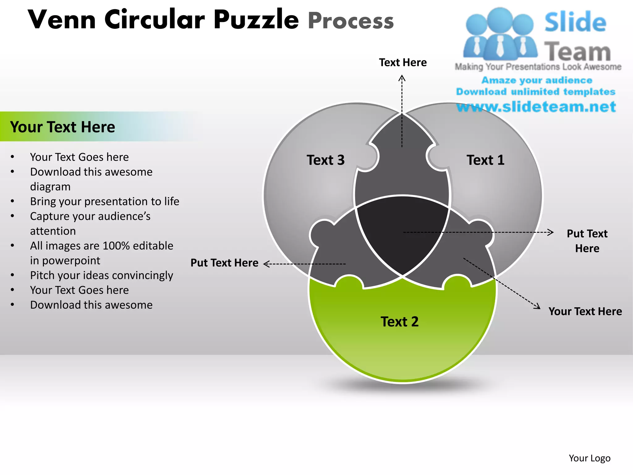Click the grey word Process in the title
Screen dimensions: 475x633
(351, 21)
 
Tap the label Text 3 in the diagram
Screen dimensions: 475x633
(325, 160)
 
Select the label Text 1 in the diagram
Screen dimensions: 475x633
(485, 160)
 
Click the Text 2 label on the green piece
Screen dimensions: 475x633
(399, 322)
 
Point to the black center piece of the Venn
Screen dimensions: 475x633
(402, 232)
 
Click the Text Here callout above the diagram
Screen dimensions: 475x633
(403, 62)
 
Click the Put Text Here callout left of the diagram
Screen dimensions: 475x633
(224, 263)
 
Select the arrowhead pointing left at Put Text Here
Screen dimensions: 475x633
(266, 264)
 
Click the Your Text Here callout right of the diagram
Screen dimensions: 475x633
(585, 311)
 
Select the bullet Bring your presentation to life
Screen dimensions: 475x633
(104, 201)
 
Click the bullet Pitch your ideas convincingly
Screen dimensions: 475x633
(101, 275)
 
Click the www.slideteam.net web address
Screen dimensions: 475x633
(536, 107)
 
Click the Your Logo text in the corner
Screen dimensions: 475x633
(589, 458)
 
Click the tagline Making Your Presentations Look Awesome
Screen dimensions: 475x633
(538, 67)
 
